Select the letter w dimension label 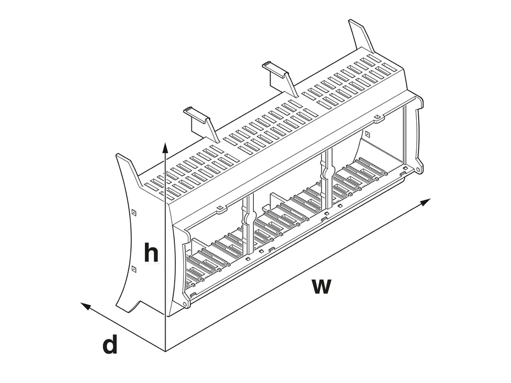tap(321, 286)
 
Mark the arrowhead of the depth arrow tap(85, 306)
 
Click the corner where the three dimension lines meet tap(165, 352)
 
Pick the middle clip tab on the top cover tap(280, 78)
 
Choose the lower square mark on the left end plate tap(134, 269)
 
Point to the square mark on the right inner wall tap(367, 134)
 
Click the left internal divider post tap(248, 225)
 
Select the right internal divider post tap(327, 179)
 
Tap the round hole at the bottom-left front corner tap(185, 304)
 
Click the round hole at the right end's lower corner tap(417, 170)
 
